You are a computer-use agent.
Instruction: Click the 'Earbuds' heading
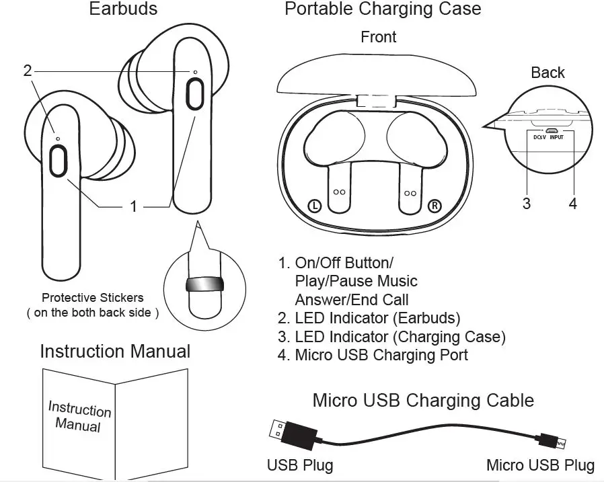coord(124,9)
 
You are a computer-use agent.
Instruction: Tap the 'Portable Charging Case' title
coord(383,9)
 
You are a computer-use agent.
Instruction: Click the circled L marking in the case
coord(315,205)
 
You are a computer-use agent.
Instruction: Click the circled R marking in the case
coord(434,205)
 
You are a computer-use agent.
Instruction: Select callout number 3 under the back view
coord(527,204)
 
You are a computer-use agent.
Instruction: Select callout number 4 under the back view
coord(572,204)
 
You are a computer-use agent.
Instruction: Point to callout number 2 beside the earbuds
coord(28,71)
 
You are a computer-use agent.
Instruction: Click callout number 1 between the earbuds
coord(133,206)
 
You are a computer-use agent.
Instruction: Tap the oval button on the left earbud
coord(59,161)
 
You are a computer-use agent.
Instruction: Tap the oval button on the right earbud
coord(195,93)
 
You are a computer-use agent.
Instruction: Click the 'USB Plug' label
coord(299,465)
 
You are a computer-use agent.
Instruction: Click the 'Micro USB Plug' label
coord(539,465)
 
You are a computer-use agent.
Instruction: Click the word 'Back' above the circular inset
coord(548,73)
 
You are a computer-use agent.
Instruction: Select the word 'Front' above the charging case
coord(378,37)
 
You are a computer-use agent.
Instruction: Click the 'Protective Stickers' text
coord(93,298)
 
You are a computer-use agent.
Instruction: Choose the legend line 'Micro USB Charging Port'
coord(373,355)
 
